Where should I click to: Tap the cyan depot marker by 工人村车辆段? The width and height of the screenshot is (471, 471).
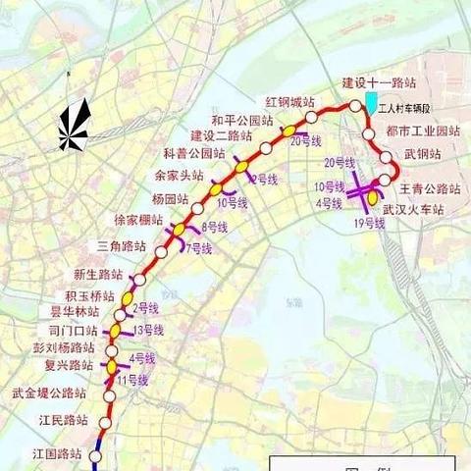[x=371, y=102]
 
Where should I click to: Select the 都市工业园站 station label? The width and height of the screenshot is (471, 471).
[x=418, y=131]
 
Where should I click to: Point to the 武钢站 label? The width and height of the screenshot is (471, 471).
[x=422, y=154]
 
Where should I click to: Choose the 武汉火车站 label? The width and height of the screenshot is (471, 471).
[x=414, y=209]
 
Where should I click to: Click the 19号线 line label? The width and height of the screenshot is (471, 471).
[x=369, y=225]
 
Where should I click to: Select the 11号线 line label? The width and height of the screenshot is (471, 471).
[x=131, y=379]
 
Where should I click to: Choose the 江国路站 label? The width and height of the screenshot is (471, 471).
[x=55, y=452]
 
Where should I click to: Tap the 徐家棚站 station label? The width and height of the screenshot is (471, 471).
[x=138, y=219]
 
